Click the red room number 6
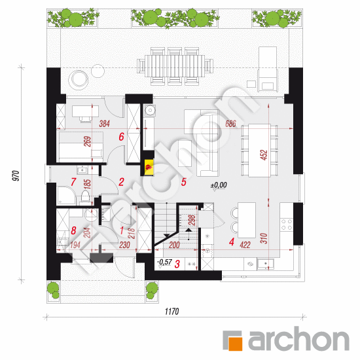tap(121, 137)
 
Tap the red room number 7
tap(73, 182)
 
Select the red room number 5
tap(184, 182)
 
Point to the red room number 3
tap(177, 264)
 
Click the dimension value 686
tap(230, 124)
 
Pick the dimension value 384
tap(105, 124)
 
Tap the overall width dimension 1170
tap(171, 312)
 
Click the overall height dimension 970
tap(16, 175)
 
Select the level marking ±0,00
tap(219, 185)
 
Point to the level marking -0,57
tap(164, 262)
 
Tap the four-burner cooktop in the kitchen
tap(287, 225)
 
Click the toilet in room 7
tap(85, 198)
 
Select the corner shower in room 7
tap(66, 196)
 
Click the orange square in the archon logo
tap(235, 344)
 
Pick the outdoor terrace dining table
tap(175, 66)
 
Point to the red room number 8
tap(73, 230)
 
